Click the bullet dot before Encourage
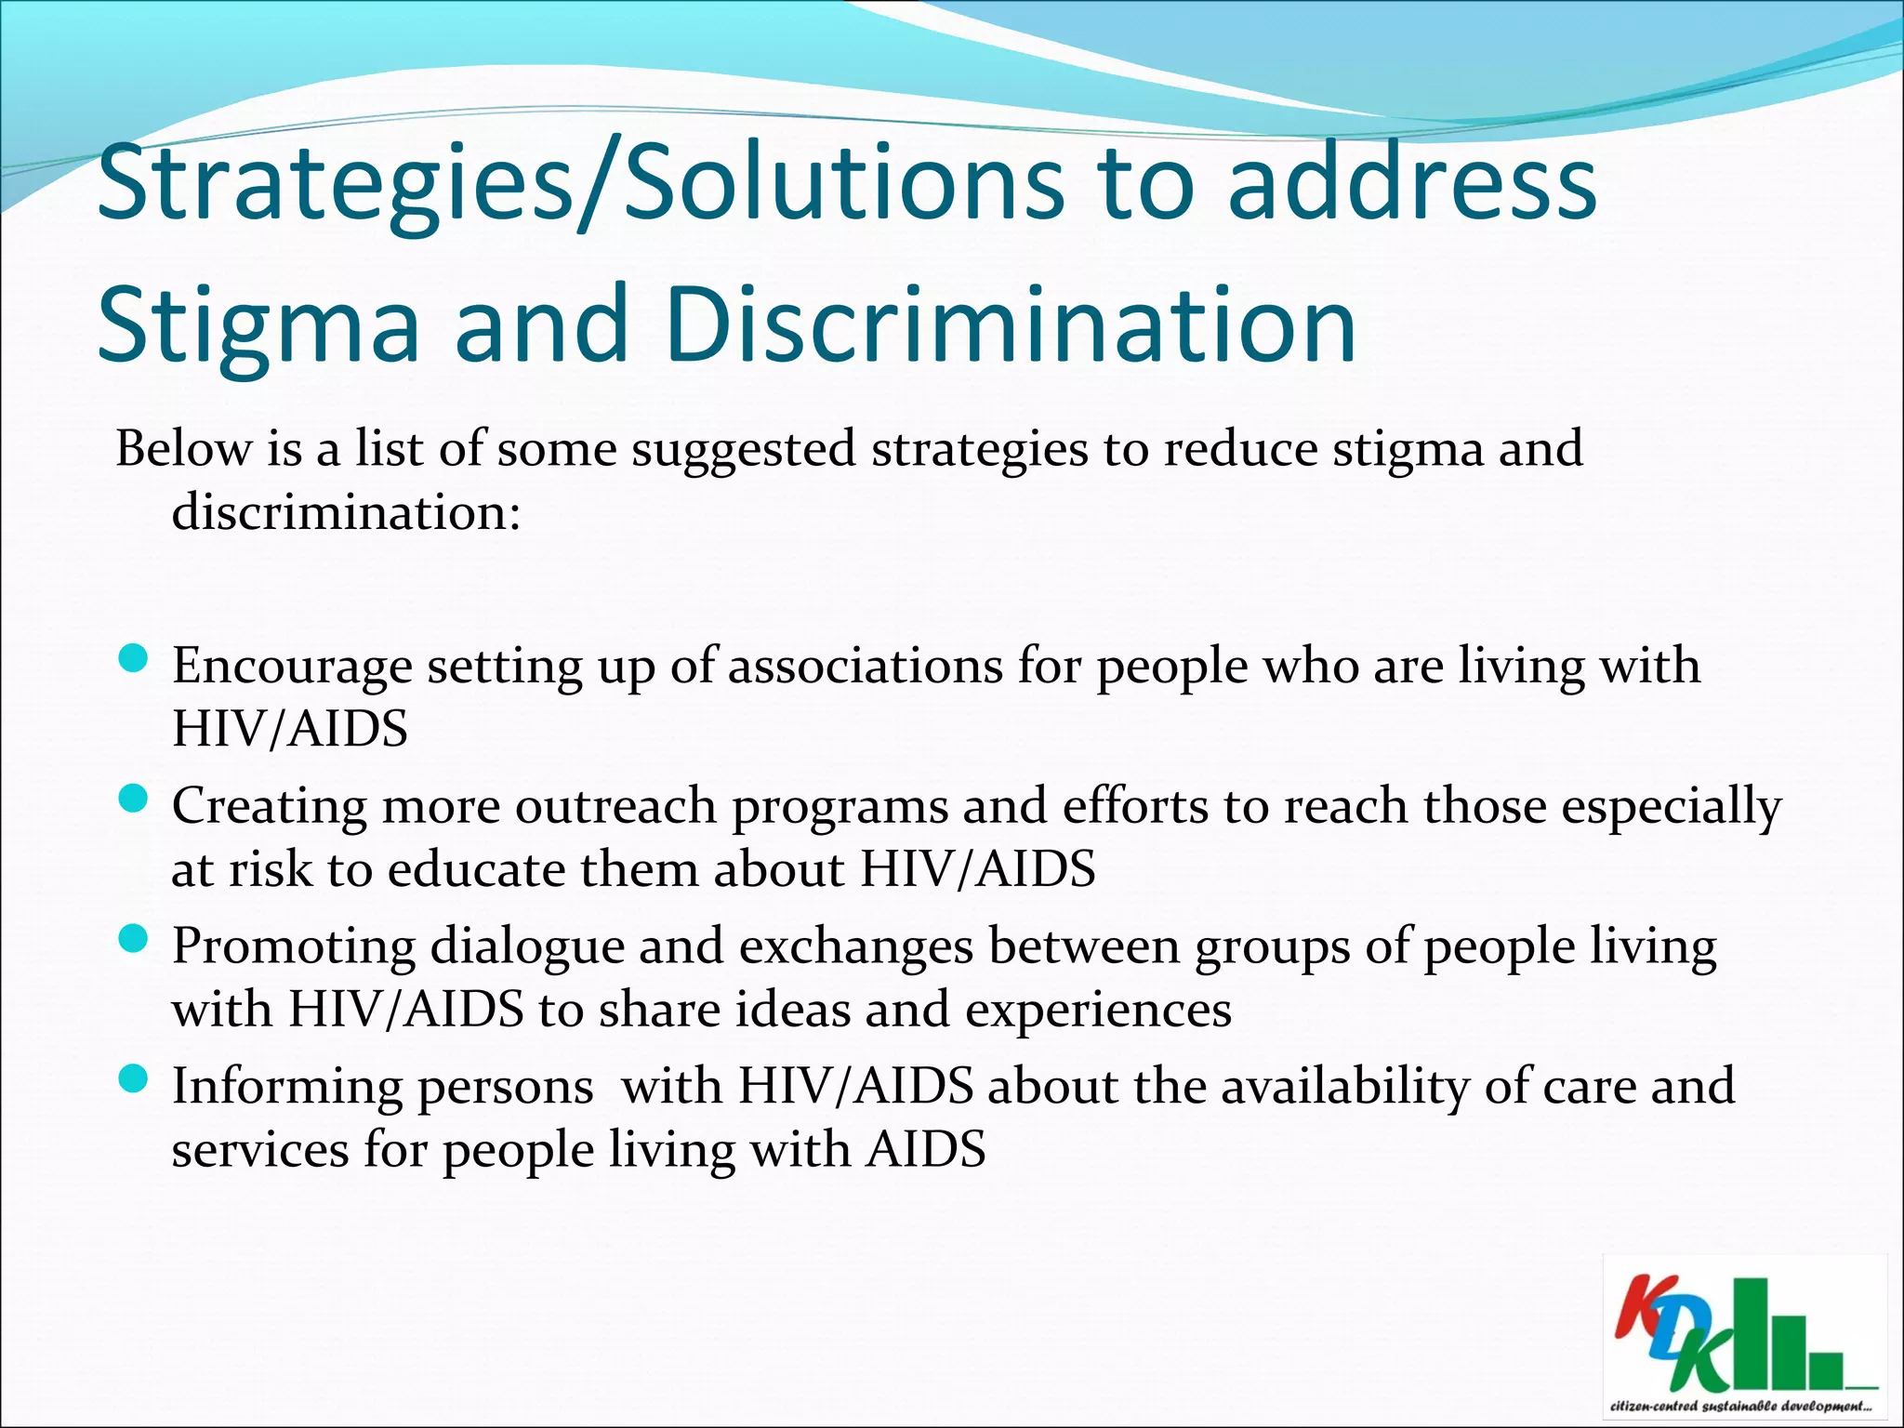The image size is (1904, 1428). coord(135,660)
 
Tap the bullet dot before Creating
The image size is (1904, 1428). coord(135,800)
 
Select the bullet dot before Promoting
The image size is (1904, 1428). coord(135,940)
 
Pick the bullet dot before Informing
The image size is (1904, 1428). coord(135,1079)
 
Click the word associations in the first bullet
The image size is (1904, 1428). coord(866,666)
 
